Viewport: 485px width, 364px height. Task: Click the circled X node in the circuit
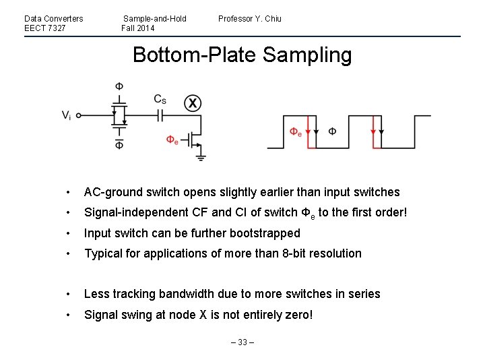point(193,103)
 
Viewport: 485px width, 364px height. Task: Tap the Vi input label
point(67,115)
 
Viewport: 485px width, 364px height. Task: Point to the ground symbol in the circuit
point(201,158)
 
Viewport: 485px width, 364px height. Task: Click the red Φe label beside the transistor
point(172,140)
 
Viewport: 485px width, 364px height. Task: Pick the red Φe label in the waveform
point(296,132)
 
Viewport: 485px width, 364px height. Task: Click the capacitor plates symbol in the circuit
point(160,115)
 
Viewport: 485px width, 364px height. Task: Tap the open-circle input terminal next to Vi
point(78,115)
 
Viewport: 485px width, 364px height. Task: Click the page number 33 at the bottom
point(243,342)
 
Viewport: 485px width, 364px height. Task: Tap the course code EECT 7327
point(44,28)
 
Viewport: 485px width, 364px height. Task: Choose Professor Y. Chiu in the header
point(250,18)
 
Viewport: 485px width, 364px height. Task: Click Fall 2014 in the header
point(138,28)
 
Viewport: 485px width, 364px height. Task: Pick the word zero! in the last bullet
point(299,315)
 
